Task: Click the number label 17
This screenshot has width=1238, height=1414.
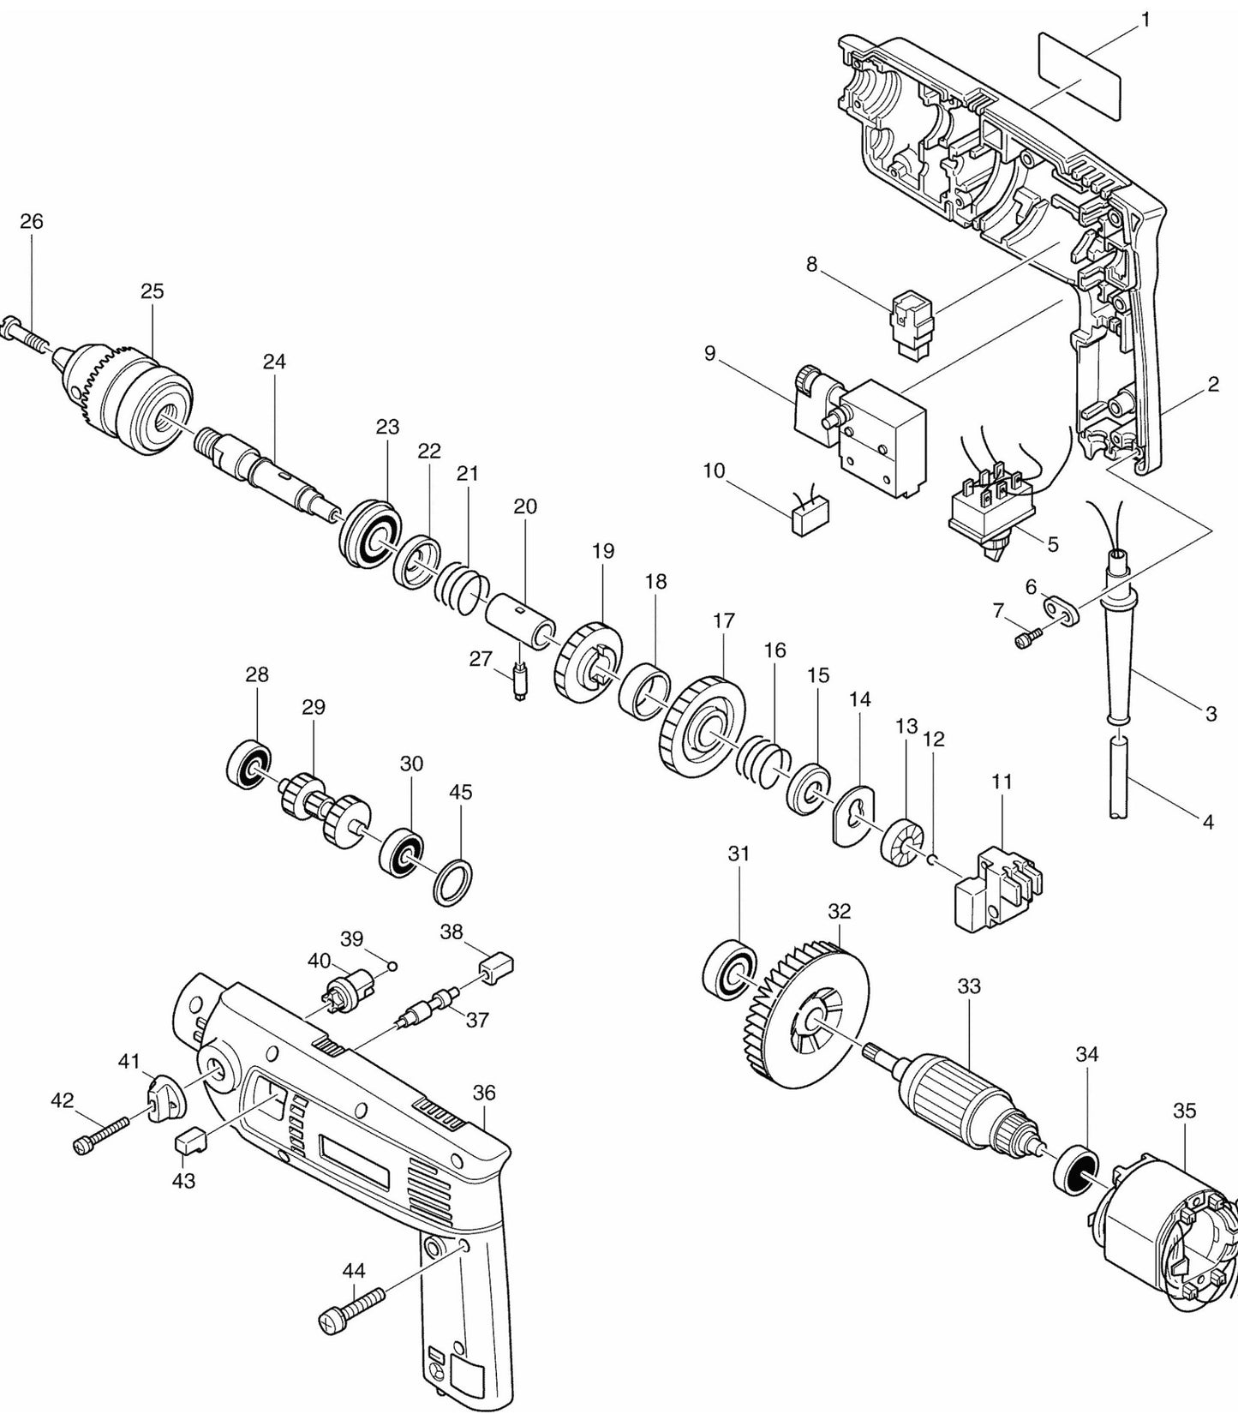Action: (x=724, y=620)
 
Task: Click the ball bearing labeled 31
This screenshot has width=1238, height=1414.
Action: (x=730, y=970)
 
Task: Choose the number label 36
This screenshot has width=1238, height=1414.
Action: (x=484, y=1093)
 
